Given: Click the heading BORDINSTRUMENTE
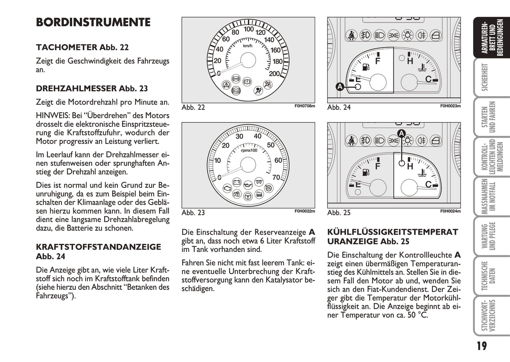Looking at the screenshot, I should [93, 22].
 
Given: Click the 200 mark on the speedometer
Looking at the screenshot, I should [274, 74].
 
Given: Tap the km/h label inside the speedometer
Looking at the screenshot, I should [248, 46].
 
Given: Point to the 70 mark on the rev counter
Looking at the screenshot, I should [276, 177].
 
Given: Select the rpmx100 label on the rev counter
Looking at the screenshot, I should [249, 150].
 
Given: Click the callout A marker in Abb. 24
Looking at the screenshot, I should [340, 86].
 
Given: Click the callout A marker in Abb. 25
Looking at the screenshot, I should [401, 133].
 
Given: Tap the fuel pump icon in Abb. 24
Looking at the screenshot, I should [366, 67].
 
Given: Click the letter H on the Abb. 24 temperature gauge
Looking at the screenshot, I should [410, 61].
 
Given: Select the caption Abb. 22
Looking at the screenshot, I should [193, 107].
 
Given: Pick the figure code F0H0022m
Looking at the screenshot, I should [305, 211].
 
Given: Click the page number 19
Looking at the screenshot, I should [481, 346].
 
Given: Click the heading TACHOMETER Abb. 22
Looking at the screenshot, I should [82, 47].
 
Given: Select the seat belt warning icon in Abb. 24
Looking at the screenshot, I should [351, 35].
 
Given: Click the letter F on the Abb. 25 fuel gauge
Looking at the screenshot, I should [377, 166].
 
